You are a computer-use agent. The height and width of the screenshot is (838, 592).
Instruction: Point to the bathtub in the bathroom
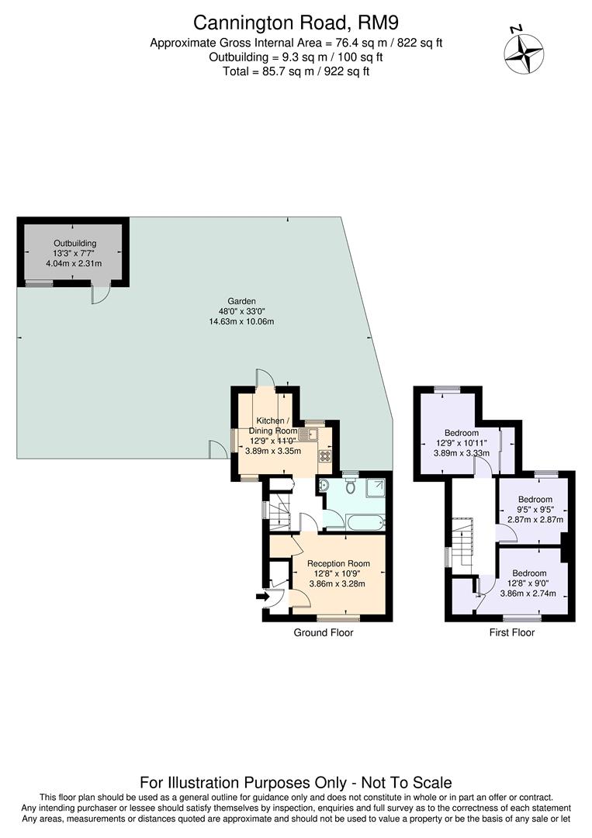click(x=364, y=522)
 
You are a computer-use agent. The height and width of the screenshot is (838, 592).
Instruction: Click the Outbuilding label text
click(x=73, y=242)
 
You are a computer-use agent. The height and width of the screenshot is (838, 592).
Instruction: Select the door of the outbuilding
click(x=100, y=294)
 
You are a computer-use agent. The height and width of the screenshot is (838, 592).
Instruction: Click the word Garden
click(x=241, y=301)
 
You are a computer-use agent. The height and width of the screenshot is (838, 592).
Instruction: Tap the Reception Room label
click(x=338, y=563)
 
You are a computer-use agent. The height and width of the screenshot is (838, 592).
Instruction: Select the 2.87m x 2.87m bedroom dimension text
click(x=535, y=520)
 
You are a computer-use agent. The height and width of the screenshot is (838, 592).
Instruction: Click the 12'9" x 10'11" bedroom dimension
click(x=461, y=443)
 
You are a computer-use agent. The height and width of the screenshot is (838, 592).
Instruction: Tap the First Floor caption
click(x=511, y=632)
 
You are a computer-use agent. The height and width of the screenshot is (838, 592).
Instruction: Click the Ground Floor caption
click(x=323, y=632)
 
